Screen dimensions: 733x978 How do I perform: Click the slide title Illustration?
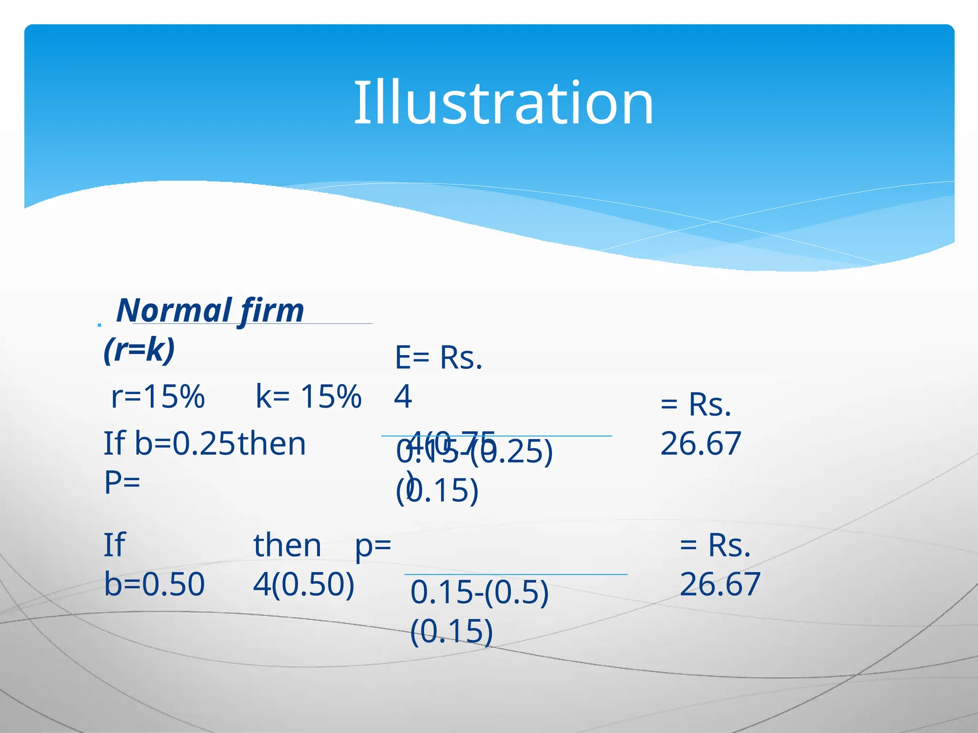click(503, 103)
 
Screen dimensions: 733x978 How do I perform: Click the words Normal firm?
click(210, 311)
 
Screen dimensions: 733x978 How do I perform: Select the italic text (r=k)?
click(139, 350)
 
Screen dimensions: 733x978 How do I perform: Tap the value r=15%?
click(158, 397)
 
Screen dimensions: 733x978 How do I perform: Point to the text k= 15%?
click(308, 397)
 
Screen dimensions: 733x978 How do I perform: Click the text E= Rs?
click(438, 358)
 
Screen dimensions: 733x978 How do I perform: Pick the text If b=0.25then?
click(204, 443)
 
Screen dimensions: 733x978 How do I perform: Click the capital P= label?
click(122, 482)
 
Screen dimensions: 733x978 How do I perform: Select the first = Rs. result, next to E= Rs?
click(696, 405)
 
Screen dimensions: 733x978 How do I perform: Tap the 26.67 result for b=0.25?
click(701, 443)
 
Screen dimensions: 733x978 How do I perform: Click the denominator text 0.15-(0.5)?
click(479, 592)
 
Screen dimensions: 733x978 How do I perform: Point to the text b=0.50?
click(154, 584)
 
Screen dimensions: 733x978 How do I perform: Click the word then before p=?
click(287, 545)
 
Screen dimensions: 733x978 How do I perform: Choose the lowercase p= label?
click(373, 545)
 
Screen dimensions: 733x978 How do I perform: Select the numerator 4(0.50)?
click(304, 584)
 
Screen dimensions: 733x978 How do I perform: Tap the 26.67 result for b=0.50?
click(720, 584)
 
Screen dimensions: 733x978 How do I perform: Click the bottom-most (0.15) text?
click(451, 631)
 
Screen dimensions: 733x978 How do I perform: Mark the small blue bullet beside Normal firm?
click(99, 325)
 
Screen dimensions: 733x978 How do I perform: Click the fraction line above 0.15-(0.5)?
click(516, 575)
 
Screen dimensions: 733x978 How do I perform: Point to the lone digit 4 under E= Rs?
click(403, 397)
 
